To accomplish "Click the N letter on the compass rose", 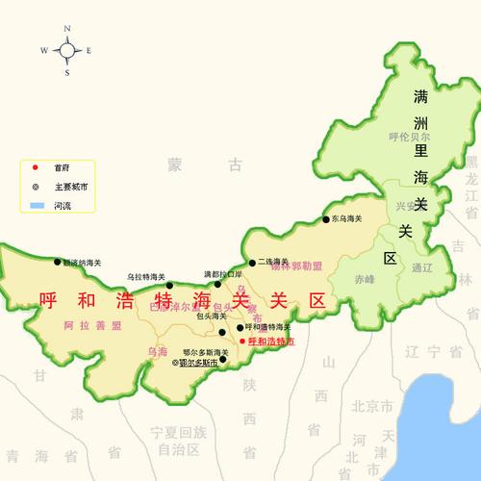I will pyautogui.click(x=67, y=29).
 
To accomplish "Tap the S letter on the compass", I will pyautogui.click(x=67, y=72).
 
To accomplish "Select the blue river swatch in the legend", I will pyautogui.click(x=37, y=206).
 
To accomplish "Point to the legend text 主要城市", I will pyautogui.click(x=71, y=187).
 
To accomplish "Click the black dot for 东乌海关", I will pyautogui.click(x=325, y=220).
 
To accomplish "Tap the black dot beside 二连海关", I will pyautogui.click(x=252, y=262).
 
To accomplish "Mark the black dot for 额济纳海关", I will pyautogui.click(x=55, y=262).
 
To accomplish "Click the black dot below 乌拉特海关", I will pyautogui.click(x=170, y=285).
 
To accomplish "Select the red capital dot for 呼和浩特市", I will pyautogui.click(x=241, y=341).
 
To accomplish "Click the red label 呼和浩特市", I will pyautogui.click(x=271, y=341).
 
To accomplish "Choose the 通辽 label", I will pyautogui.click(x=421, y=267).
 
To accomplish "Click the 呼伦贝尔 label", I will pyautogui.click(x=408, y=138).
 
